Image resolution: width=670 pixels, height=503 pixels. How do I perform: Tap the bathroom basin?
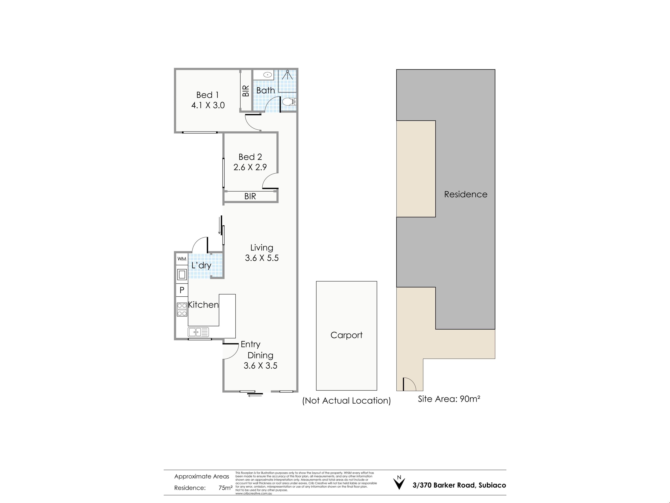tap(267, 75)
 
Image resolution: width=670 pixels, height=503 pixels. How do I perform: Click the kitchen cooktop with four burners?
tap(182, 310)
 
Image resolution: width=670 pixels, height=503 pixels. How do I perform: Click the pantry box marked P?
tap(182, 290)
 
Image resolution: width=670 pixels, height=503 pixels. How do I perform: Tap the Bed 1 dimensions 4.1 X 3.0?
tap(208, 105)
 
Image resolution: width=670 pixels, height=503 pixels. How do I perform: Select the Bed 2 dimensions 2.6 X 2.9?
tap(250, 167)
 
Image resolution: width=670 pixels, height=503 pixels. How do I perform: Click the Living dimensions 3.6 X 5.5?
tap(262, 258)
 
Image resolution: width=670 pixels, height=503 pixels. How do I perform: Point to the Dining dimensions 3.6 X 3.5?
tap(260, 366)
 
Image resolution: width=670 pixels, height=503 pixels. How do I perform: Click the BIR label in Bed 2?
tap(250, 196)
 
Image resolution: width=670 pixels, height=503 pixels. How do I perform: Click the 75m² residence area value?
tap(225, 488)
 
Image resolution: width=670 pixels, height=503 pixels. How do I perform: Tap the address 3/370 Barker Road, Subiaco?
tap(459, 485)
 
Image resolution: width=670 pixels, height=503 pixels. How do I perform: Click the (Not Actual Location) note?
tap(347, 401)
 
